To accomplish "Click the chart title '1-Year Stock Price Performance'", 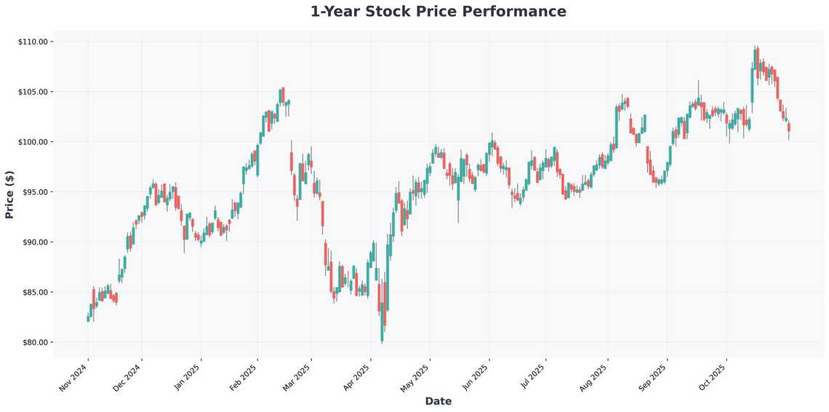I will click(x=438, y=12).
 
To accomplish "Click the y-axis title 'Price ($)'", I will click(x=9, y=194).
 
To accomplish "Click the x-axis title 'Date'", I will click(x=438, y=401).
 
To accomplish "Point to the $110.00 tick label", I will click(x=33, y=41).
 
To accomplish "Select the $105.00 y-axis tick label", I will click(x=33, y=92).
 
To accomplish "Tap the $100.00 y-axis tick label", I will click(x=33, y=142).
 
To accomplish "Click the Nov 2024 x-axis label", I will click(x=74, y=377).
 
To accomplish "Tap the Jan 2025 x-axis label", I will click(x=188, y=377).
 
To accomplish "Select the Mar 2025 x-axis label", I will click(x=298, y=377).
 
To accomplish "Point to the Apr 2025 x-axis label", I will click(x=357, y=377).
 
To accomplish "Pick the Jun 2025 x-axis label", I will click(x=476, y=377).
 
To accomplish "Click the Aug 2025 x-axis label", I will click(x=594, y=377).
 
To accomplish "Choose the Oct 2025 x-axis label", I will click(x=713, y=377).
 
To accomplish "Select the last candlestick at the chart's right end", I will click(x=789, y=127).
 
